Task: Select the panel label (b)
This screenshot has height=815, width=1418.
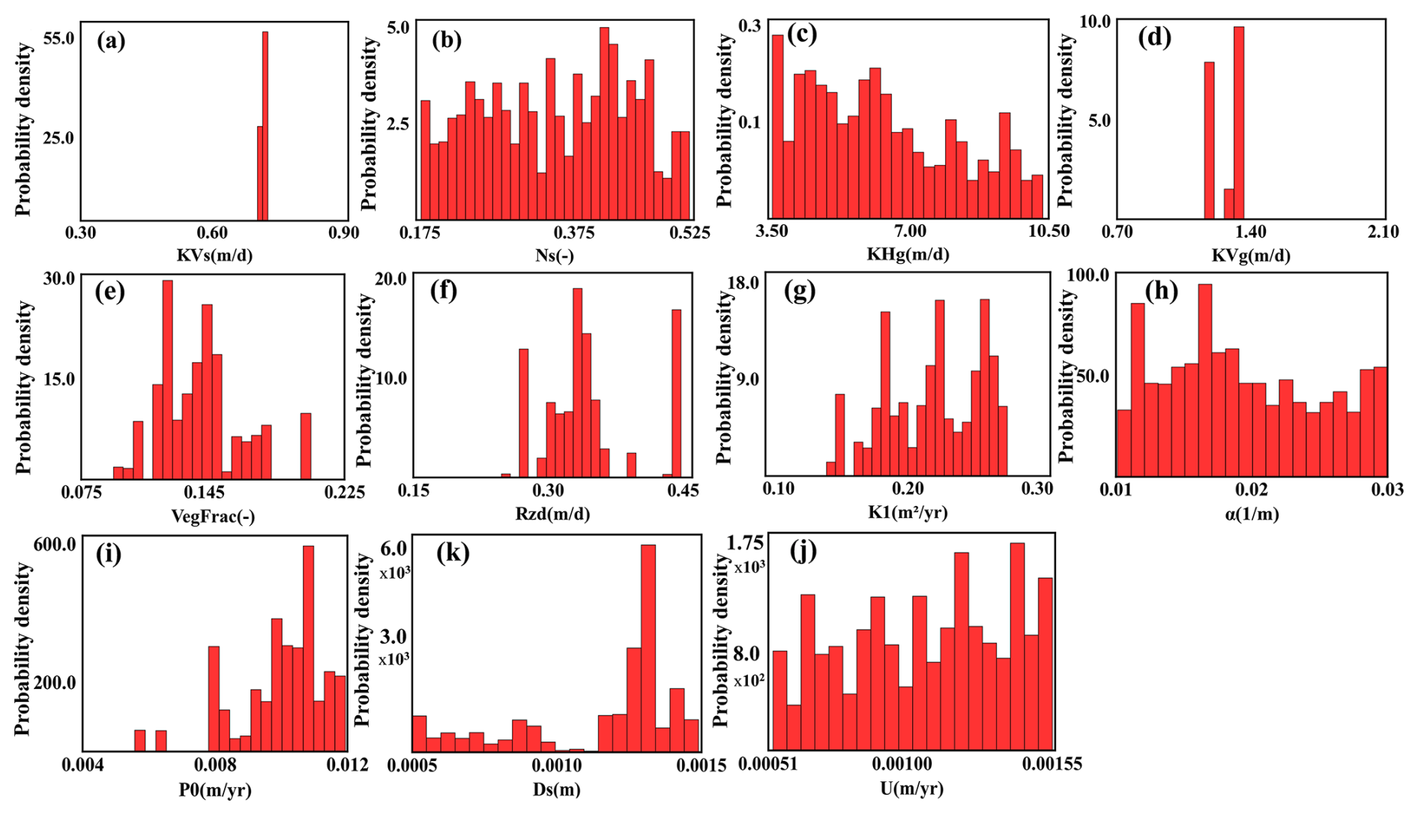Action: click(447, 40)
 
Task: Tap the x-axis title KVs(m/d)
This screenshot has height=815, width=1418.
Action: click(214, 256)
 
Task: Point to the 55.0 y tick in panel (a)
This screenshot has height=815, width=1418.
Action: click(58, 37)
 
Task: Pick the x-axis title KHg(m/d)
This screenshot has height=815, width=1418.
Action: click(908, 255)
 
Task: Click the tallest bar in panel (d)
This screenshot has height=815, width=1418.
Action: click(1238, 123)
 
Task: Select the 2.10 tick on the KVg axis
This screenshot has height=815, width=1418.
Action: click(1383, 232)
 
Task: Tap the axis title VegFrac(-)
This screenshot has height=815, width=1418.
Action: click(213, 517)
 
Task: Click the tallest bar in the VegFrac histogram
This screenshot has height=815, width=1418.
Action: click(168, 379)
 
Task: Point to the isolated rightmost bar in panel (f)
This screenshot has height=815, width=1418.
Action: click(677, 394)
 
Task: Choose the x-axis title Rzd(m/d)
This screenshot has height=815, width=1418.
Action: click(552, 515)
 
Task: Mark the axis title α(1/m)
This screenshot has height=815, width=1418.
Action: click(1251, 514)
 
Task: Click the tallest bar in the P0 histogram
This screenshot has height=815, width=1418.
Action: click(308, 649)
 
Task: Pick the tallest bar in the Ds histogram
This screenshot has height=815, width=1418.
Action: click(648, 649)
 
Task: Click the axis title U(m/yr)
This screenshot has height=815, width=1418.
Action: click(911, 789)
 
